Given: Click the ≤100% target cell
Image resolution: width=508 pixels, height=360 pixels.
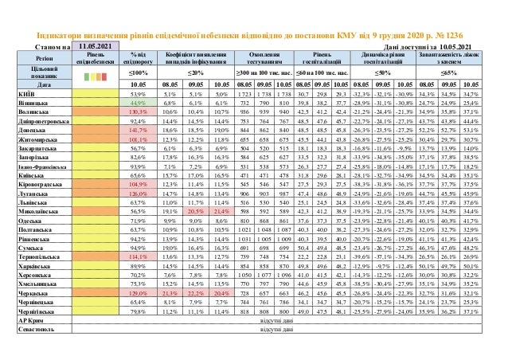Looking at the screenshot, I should (138, 72).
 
